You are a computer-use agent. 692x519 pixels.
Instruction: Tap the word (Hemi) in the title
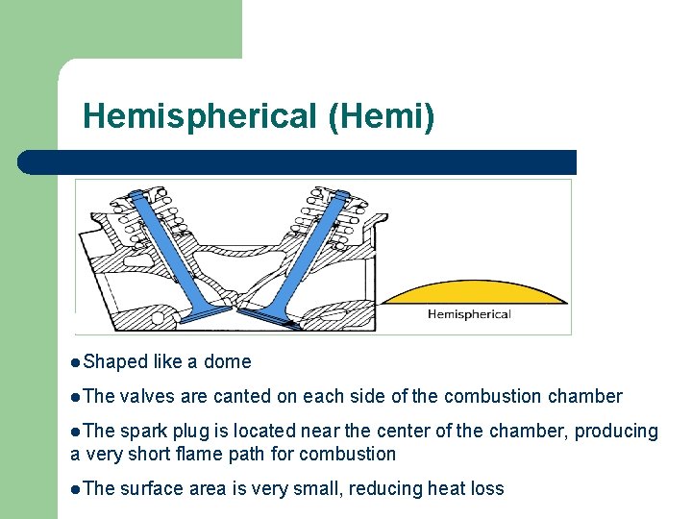[381, 117]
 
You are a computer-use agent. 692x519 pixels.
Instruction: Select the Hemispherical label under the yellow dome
[469, 314]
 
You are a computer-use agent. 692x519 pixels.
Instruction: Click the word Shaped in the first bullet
[115, 362]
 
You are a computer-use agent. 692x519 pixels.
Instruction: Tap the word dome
[229, 362]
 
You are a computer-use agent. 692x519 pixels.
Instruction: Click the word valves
[147, 397]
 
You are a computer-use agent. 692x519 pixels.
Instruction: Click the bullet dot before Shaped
[76, 362]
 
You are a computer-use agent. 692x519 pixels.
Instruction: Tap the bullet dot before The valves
[76, 397]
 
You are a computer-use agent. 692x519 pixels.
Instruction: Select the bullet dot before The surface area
[76, 488]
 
